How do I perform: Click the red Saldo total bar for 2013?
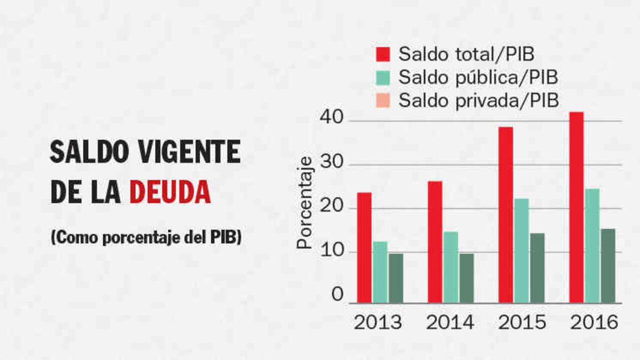click(364, 247)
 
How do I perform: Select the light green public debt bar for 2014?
click(450, 267)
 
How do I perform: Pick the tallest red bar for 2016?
click(576, 207)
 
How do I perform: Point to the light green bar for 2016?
click(592, 245)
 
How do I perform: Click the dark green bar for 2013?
click(396, 278)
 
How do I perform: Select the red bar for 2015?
click(505, 214)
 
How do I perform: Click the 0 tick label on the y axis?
click(337, 294)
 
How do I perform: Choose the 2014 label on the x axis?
click(449, 323)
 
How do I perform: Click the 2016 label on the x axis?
click(594, 323)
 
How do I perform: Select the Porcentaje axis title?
click(304, 202)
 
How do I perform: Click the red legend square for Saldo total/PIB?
click(383, 54)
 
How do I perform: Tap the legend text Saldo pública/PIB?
click(478, 77)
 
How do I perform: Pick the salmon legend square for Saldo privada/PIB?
click(383, 100)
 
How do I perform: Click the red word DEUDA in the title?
click(170, 192)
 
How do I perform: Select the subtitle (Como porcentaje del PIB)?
click(146, 237)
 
